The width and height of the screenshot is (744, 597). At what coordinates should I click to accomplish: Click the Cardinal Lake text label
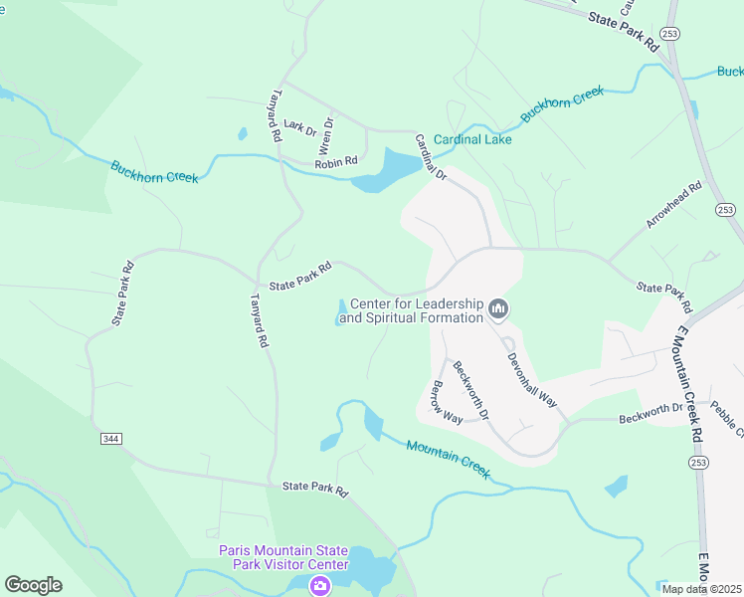coord(472,140)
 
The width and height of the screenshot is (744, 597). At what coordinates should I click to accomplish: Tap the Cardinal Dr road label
coord(432,157)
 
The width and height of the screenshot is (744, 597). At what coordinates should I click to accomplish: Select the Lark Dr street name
coord(299,126)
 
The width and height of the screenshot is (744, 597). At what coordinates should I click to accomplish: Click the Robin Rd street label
coord(335,163)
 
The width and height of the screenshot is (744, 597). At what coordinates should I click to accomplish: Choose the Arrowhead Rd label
coord(674,205)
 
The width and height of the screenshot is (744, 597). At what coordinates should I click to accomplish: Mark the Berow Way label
coord(445,401)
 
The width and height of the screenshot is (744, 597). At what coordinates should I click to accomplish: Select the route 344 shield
coord(111,438)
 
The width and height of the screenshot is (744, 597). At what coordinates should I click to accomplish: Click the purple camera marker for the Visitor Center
coord(319,586)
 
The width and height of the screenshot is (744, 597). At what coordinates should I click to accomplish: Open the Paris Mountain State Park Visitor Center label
coord(283,558)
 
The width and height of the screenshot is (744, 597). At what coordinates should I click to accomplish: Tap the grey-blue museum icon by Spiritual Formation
coord(498,311)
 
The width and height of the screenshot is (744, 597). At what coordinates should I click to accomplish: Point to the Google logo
coord(33,585)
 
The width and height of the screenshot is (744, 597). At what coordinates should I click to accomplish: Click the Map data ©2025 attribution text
coord(701,589)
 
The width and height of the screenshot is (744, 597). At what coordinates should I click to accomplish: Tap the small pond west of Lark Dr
coord(242,133)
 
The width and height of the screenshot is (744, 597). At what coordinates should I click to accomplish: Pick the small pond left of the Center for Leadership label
coord(341,311)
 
